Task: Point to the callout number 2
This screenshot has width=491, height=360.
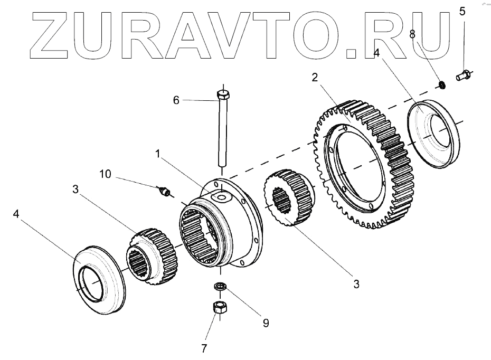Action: [314, 77]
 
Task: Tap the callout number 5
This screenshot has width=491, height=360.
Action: [462, 11]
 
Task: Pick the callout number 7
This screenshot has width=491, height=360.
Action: [203, 348]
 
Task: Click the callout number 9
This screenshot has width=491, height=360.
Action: [265, 322]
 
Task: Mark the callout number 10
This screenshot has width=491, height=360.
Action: [105, 173]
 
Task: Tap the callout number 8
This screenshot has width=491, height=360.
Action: [413, 33]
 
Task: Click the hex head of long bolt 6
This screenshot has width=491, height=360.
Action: [223, 96]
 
